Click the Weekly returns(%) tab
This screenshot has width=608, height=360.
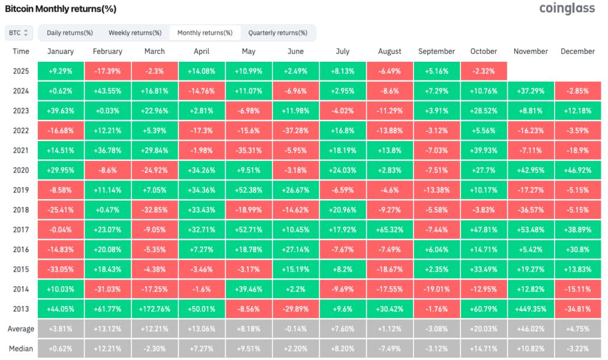(x=135, y=32)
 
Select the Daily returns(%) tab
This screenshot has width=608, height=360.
(x=70, y=32)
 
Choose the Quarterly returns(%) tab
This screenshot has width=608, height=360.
(x=277, y=32)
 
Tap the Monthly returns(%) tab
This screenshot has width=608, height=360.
(x=205, y=32)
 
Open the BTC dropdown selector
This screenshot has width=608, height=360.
(x=19, y=32)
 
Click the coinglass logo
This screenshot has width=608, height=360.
(x=567, y=8)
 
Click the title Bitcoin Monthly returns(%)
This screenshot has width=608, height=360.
(x=61, y=9)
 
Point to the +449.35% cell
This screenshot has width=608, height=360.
(x=531, y=309)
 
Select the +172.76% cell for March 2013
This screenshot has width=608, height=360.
(x=154, y=309)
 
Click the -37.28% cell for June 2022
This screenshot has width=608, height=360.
(x=295, y=131)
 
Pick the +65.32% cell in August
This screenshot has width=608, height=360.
(x=390, y=230)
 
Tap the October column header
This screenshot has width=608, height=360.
(x=484, y=52)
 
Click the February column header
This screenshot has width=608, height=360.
(x=107, y=52)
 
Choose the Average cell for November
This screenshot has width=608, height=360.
(x=531, y=329)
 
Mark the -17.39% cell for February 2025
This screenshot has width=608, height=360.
(x=107, y=71)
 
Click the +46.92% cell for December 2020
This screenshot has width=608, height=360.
(x=577, y=170)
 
